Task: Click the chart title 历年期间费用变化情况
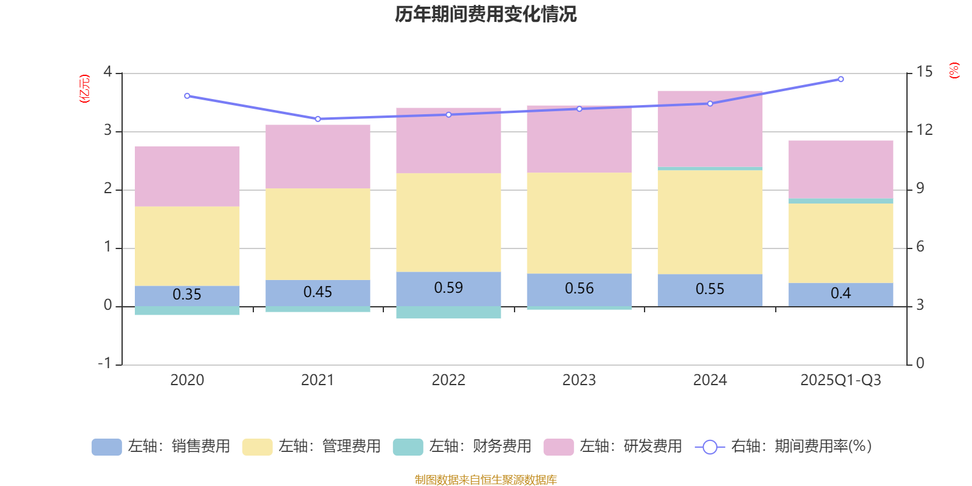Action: (485, 14)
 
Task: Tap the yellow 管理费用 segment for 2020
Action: (187, 246)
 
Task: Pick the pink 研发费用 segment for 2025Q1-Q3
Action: (841, 169)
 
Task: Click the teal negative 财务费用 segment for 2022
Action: (448, 312)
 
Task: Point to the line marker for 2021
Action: (318, 119)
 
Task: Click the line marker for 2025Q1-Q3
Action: (841, 79)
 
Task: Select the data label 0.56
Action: (579, 289)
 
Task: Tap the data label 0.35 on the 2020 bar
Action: (187, 295)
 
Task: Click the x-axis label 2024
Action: (710, 380)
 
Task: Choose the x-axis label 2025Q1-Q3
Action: (841, 380)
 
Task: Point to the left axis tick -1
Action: (105, 363)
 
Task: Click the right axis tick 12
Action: (924, 130)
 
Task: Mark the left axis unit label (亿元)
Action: (84, 89)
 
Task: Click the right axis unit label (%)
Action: (954, 70)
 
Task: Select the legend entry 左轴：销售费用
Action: (162, 447)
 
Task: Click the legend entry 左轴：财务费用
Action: (463, 447)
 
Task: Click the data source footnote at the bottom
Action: (485, 480)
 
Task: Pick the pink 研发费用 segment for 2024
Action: (710, 128)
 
